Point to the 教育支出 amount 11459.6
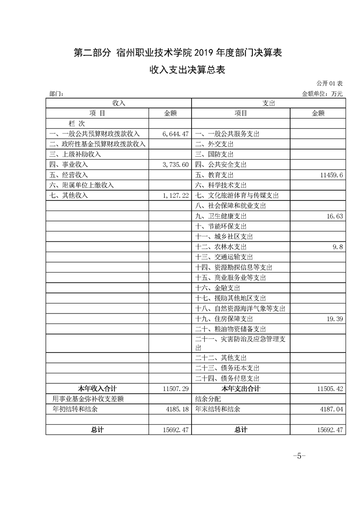point(330,175)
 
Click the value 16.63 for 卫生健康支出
point(334,216)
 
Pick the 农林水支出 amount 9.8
point(337,247)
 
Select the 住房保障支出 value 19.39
point(334,319)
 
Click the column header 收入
point(118,103)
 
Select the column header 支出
point(269,103)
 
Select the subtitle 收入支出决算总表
point(180,70)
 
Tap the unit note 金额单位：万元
point(322,94)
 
